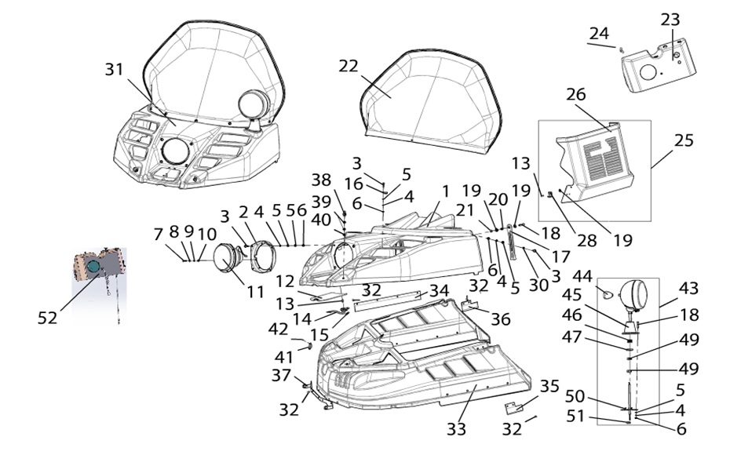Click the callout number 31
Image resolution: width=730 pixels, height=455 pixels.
point(115,70)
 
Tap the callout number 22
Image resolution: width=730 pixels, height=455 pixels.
point(349,67)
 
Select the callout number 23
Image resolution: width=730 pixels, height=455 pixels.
point(670,20)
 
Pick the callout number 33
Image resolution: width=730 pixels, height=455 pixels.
point(457,429)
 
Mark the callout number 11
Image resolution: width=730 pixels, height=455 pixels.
point(254,291)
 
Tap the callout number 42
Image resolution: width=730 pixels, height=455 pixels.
point(279,329)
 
